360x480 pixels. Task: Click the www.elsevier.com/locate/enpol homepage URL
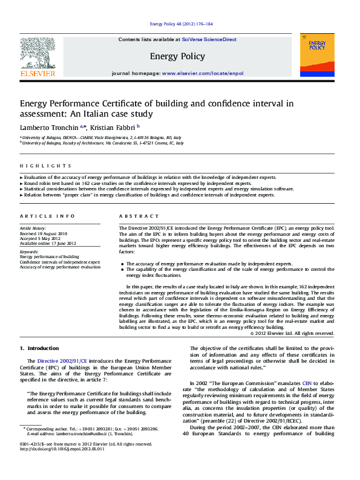pyautogui.click(x=202, y=73)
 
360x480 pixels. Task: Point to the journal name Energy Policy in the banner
pyautogui.click(x=177, y=56)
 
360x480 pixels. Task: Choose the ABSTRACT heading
pyautogui.click(x=134, y=216)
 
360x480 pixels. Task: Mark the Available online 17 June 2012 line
pyautogui.click(x=48, y=243)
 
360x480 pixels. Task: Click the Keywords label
pyautogui.click(x=30, y=251)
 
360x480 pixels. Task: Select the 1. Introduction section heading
pyautogui.click(x=39, y=348)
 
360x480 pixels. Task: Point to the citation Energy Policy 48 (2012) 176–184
pyautogui.click(x=180, y=24)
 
